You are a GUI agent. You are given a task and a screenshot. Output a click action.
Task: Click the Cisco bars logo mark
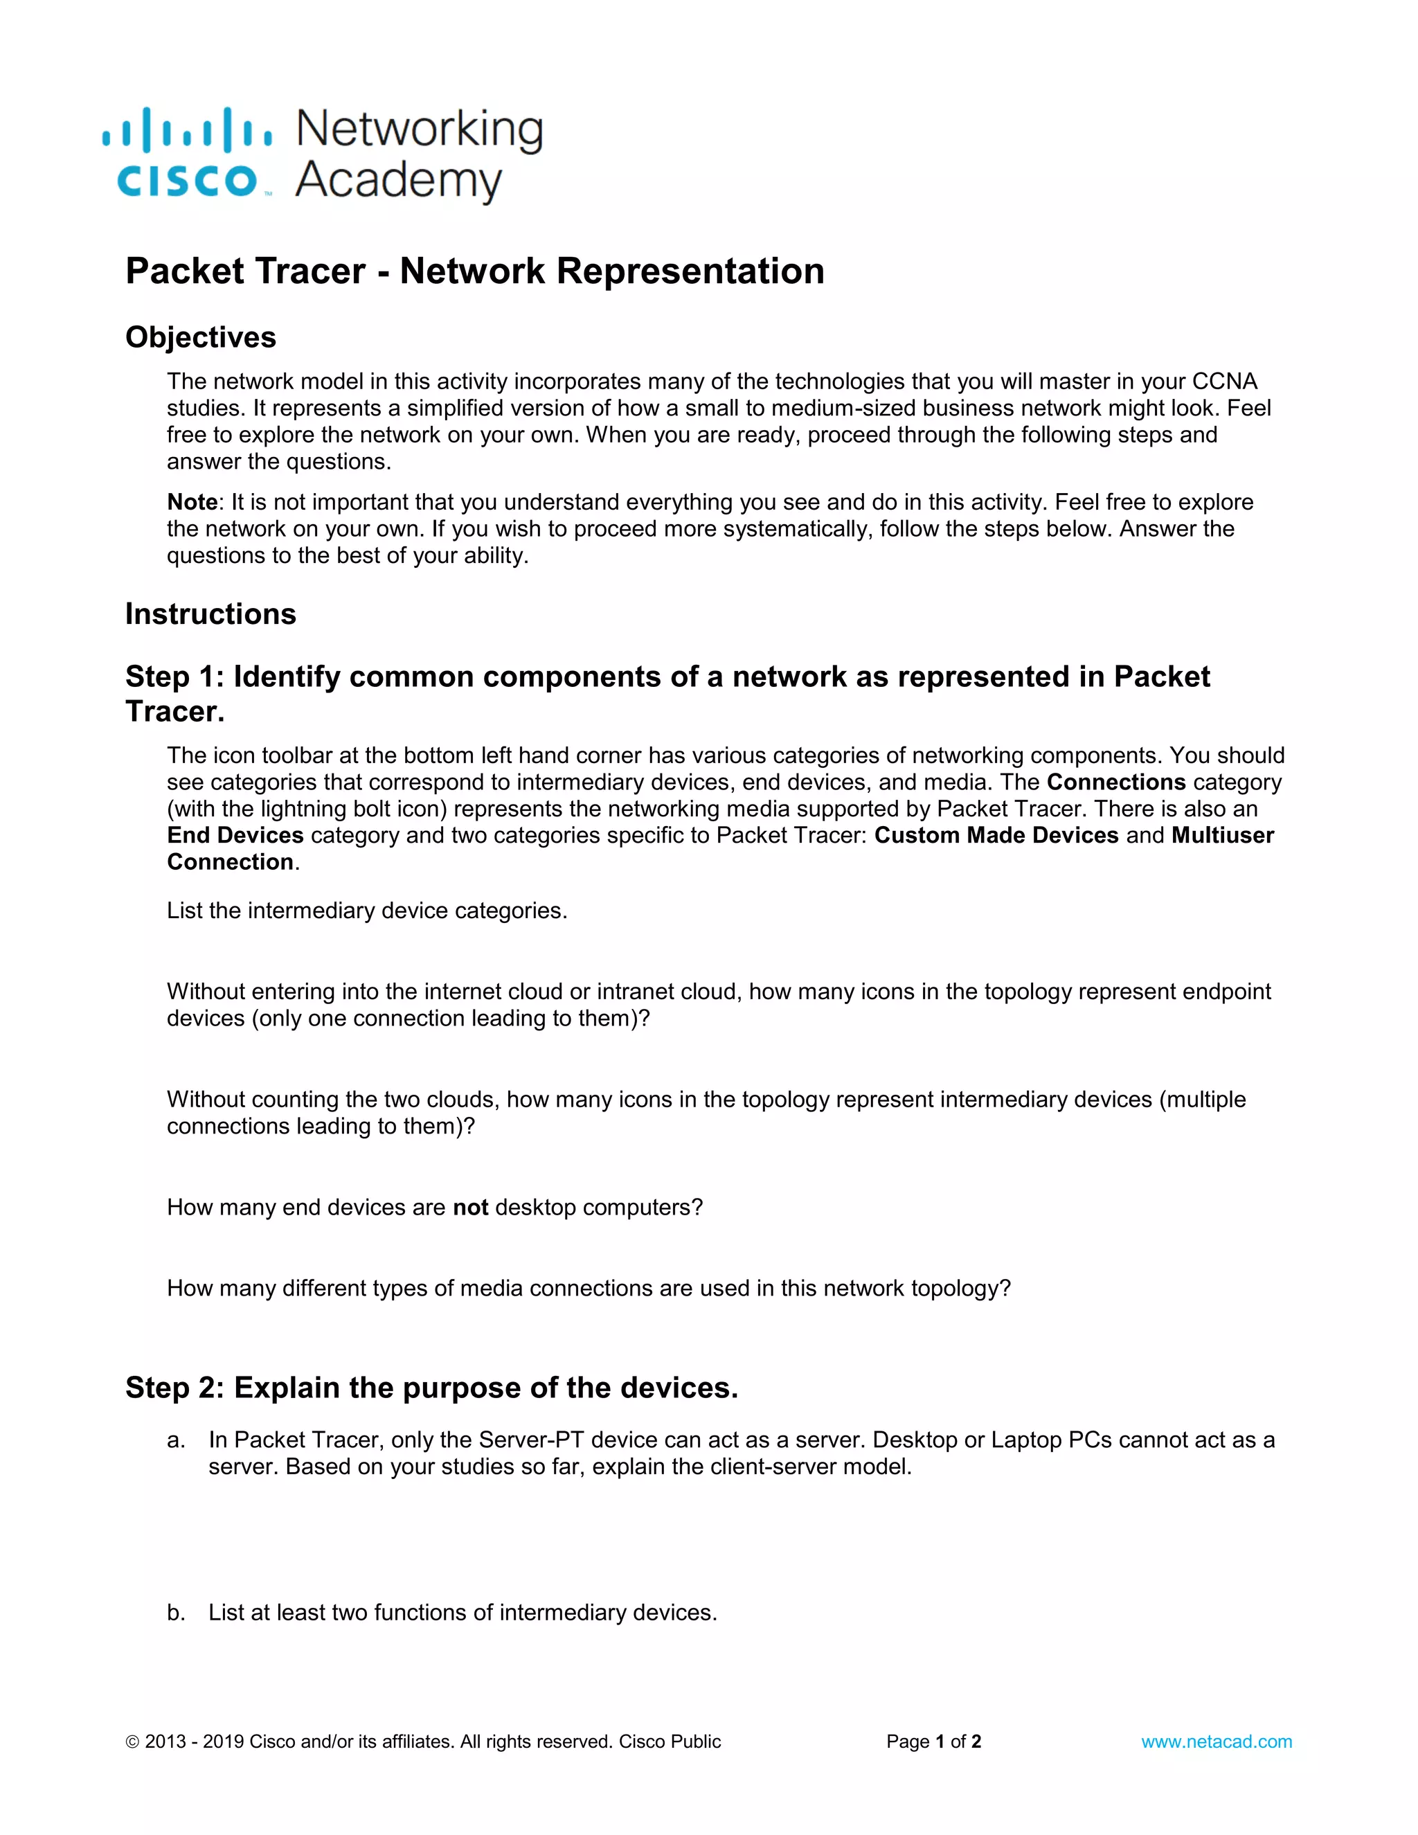click(186, 130)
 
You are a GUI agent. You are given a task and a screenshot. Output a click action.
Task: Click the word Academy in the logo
click(398, 180)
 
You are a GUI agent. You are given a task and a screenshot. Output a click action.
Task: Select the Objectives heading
click(201, 337)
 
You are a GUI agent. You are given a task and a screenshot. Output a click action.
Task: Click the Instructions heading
click(211, 614)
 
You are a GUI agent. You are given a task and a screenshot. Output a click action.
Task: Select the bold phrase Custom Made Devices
click(996, 835)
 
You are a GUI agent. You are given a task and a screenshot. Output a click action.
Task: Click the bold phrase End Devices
click(235, 835)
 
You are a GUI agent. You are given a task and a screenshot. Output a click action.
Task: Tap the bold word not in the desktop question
click(470, 1208)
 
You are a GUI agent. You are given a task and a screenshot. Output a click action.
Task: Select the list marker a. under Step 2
click(176, 1440)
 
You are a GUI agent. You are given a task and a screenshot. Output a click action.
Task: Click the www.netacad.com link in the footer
click(1216, 1741)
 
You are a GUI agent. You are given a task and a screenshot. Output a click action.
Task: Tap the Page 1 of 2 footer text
click(933, 1741)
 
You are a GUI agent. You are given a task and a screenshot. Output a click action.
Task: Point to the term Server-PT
click(531, 1440)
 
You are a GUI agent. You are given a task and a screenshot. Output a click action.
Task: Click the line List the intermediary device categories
click(367, 911)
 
